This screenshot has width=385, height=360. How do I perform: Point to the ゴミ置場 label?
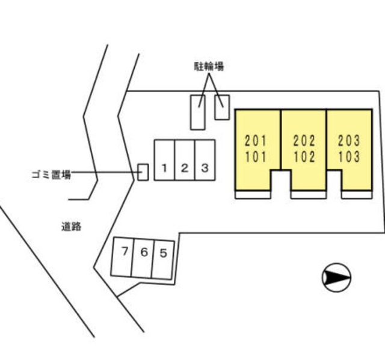pos(51,175)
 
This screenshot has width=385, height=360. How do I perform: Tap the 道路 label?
pos(71,227)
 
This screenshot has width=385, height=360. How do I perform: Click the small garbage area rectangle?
pos(143,172)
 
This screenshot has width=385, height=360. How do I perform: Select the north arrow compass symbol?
pos(336,278)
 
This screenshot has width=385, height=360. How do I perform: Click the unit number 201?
pos(256,142)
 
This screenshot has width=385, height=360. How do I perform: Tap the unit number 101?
pos(256,158)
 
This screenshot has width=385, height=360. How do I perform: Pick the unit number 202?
pos(304,142)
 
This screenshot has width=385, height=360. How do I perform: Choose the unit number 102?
pos(304,158)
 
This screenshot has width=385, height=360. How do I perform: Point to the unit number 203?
pos(349,142)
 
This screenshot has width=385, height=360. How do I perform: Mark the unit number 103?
pos(349,158)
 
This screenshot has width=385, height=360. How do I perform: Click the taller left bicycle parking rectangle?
pos(197,112)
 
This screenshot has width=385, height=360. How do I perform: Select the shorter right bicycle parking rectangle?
pos(222,107)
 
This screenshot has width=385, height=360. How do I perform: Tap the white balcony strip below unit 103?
pos(357,194)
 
